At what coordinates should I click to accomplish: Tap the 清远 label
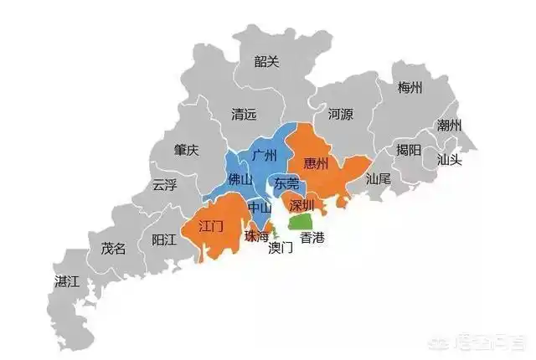[x=245, y=117]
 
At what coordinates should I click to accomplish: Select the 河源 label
[x=340, y=112]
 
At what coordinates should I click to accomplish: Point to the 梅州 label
[x=410, y=87]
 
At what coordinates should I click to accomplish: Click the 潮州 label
[x=449, y=126]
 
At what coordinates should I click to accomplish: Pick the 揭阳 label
[x=410, y=150]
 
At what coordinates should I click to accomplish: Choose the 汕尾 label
[x=379, y=178]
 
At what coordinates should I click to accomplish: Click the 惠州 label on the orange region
[x=317, y=162]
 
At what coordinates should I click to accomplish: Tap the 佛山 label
[x=240, y=179]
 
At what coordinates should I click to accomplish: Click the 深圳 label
[x=301, y=205]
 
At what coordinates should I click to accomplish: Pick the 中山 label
[x=260, y=206]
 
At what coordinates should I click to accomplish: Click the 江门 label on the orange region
[x=211, y=227]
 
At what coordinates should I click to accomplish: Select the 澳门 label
[x=281, y=248]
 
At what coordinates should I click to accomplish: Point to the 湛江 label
[x=66, y=280]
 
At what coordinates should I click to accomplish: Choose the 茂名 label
[x=113, y=248]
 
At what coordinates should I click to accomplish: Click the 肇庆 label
[x=187, y=150]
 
